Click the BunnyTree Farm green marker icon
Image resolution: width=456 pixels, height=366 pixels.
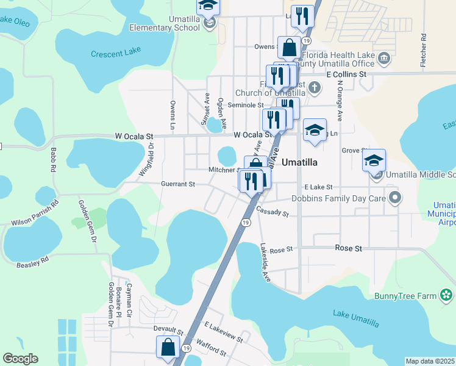click(447, 296)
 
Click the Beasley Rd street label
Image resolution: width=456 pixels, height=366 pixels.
click(32, 263)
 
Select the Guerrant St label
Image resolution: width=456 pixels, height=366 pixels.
click(177, 184)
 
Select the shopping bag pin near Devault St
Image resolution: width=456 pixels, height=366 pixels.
click(168, 347)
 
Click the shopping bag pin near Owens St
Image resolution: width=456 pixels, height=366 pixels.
click(289, 47)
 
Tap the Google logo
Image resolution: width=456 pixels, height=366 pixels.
click(20, 359)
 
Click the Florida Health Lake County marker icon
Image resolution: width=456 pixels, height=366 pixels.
click(384, 59)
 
